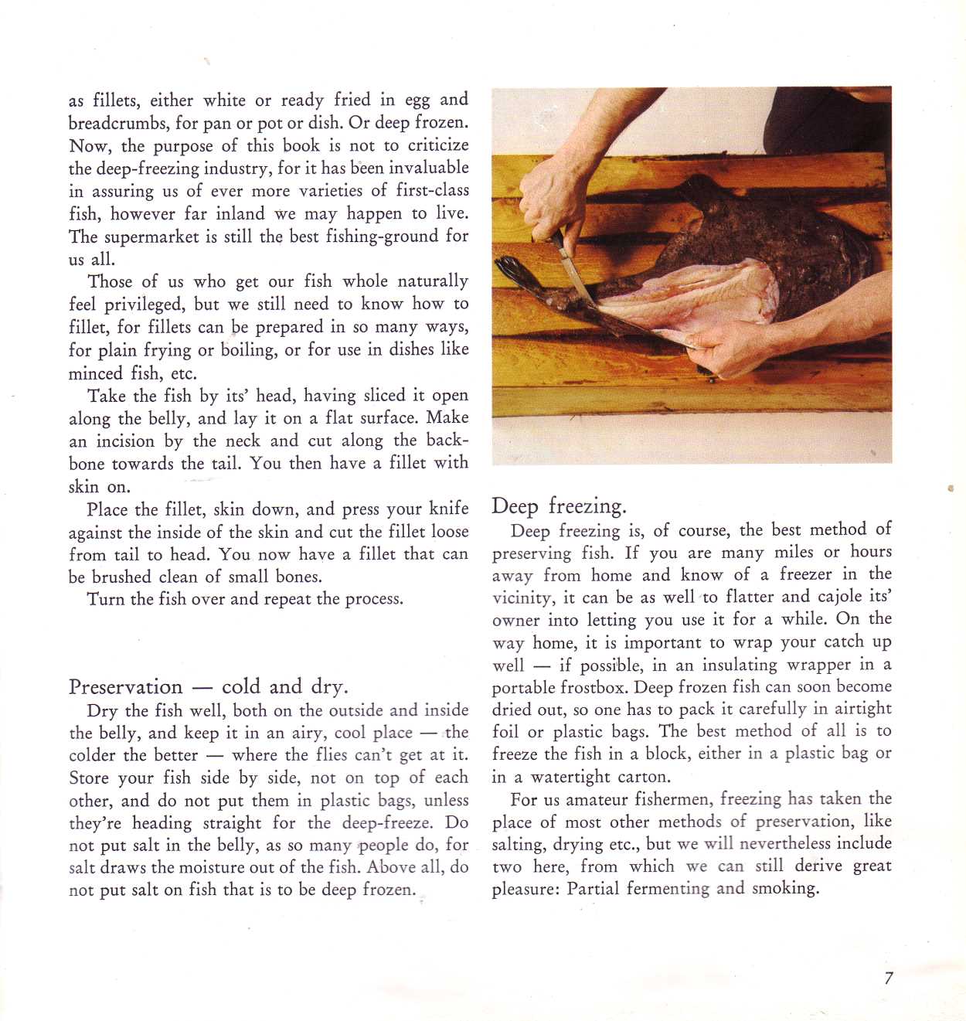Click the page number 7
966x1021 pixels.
coord(889,978)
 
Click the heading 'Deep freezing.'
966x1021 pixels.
coord(559,506)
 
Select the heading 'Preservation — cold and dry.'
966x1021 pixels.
coord(208,686)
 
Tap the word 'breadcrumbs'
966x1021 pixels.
coord(119,123)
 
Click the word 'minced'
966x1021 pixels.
coord(96,373)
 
